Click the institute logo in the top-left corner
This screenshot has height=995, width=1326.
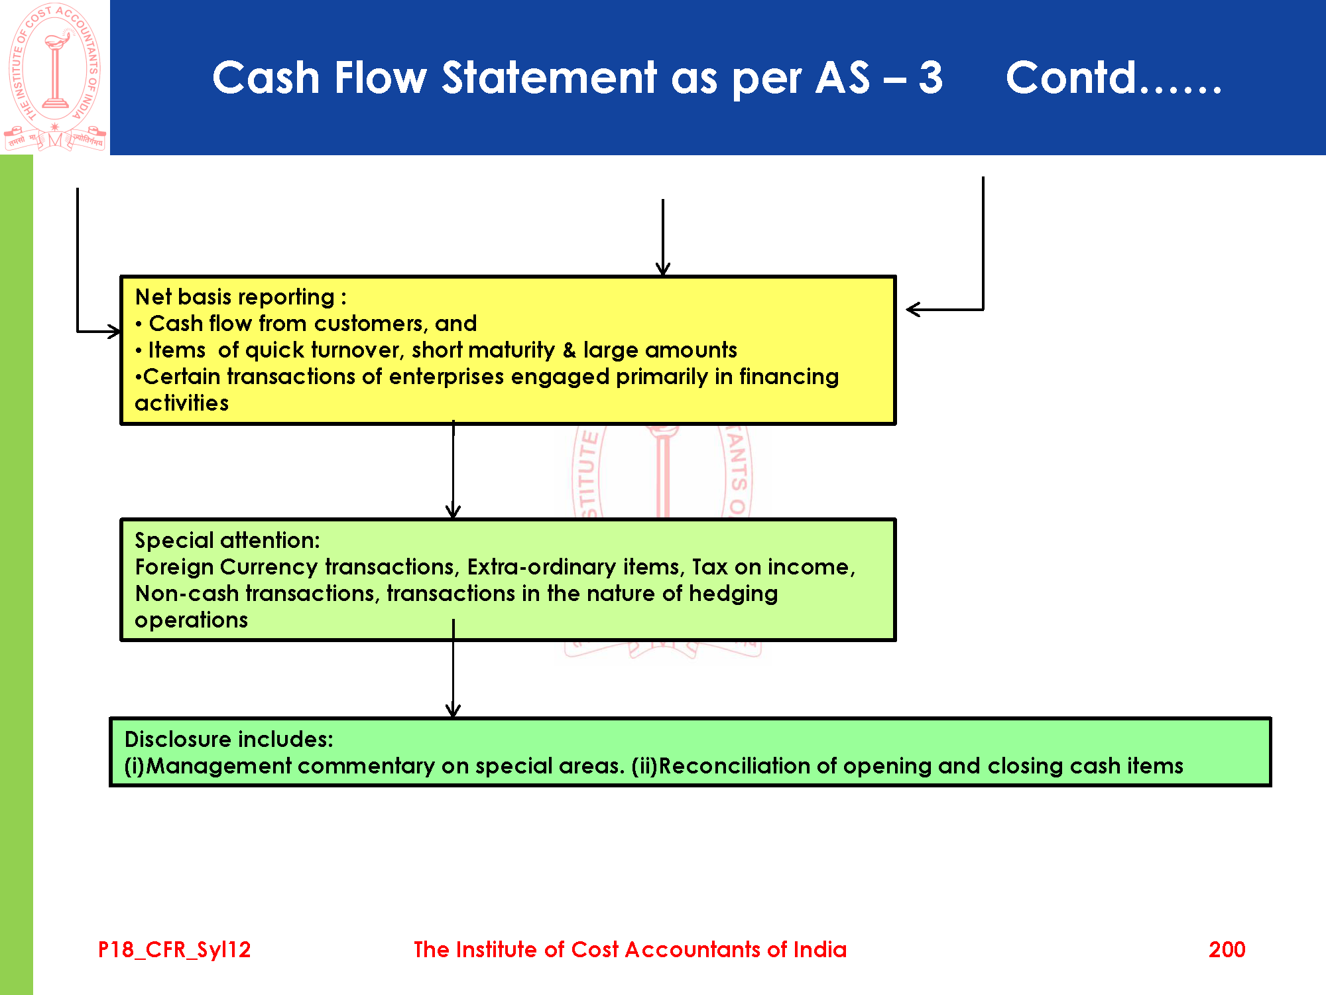[55, 76]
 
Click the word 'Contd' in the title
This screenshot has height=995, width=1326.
[1071, 78]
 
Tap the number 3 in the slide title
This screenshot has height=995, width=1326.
[930, 78]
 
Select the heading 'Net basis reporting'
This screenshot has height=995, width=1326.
[235, 297]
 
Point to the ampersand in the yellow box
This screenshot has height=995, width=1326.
[569, 350]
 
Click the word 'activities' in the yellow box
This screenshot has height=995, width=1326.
[182, 403]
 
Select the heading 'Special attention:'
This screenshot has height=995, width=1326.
[227, 541]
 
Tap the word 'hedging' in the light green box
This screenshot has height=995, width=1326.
[733, 594]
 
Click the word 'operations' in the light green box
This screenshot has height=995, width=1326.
[191, 620]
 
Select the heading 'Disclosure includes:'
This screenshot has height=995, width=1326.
[229, 740]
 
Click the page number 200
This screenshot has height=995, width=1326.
[1227, 949]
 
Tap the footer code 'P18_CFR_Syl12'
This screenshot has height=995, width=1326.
[174, 949]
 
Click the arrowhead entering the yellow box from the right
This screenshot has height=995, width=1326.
[912, 309]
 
